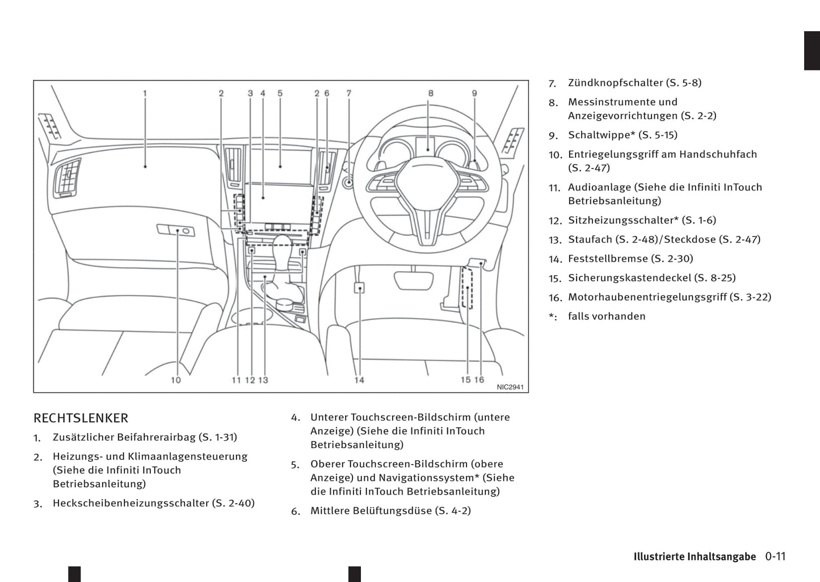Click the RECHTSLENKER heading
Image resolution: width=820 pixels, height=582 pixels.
[x=81, y=418]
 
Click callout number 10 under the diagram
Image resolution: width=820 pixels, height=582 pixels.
[x=176, y=380]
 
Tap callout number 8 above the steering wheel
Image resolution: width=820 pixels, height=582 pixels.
[x=431, y=93]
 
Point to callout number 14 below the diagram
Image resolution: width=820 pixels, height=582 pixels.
[x=359, y=380]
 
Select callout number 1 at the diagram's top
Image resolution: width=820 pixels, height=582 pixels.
[x=145, y=93]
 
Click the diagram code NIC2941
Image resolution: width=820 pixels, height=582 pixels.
[x=510, y=387]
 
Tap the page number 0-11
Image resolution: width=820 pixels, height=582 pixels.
[x=775, y=556]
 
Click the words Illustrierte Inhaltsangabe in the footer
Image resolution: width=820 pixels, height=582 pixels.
[x=695, y=556]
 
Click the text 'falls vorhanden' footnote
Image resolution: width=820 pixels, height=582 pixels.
[x=607, y=317]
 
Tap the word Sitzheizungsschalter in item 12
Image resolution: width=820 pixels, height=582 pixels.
[x=623, y=220]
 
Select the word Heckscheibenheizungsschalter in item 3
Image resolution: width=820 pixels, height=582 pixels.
[x=131, y=503]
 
